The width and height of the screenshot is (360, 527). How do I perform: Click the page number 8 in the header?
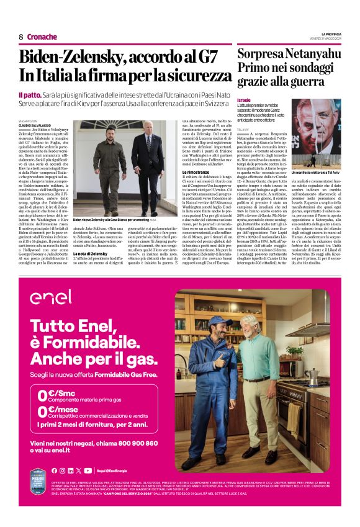point(21,37)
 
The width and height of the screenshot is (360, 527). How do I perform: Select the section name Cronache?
point(42,37)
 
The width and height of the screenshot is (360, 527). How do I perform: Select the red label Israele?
point(244,100)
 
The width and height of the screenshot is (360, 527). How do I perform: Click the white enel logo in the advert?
point(50,297)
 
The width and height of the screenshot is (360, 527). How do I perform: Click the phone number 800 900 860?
point(133,444)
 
